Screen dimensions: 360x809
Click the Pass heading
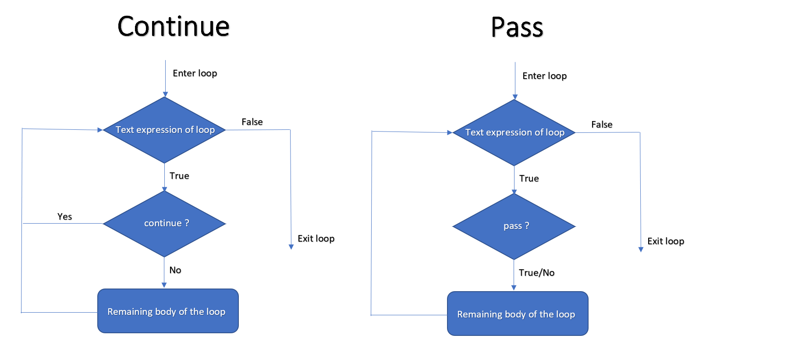(x=517, y=28)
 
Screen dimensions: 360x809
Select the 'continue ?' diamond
(x=164, y=224)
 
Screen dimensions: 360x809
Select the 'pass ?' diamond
(x=514, y=226)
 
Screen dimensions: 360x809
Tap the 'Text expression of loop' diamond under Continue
(x=164, y=130)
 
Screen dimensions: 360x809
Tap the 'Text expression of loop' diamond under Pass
(x=514, y=132)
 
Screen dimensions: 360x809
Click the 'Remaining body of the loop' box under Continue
(x=168, y=311)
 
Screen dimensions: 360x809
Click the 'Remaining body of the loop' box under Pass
(x=518, y=314)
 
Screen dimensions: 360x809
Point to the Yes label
(x=64, y=217)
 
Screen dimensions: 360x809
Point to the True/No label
(x=536, y=273)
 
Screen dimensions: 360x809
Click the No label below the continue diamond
(x=175, y=270)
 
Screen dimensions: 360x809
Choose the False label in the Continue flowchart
(x=252, y=122)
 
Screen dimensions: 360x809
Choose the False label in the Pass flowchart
(x=602, y=125)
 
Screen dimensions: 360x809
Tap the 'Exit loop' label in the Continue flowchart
(x=316, y=239)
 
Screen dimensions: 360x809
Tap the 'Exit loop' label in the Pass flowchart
(x=666, y=241)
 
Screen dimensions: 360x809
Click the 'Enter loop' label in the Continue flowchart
(x=195, y=73)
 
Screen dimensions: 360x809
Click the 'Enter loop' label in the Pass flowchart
(x=544, y=76)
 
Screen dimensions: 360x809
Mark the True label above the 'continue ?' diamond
(x=179, y=176)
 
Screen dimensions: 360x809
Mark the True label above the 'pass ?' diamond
(x=529, y=178)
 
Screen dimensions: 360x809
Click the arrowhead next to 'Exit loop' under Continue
(x=291, y=247)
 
